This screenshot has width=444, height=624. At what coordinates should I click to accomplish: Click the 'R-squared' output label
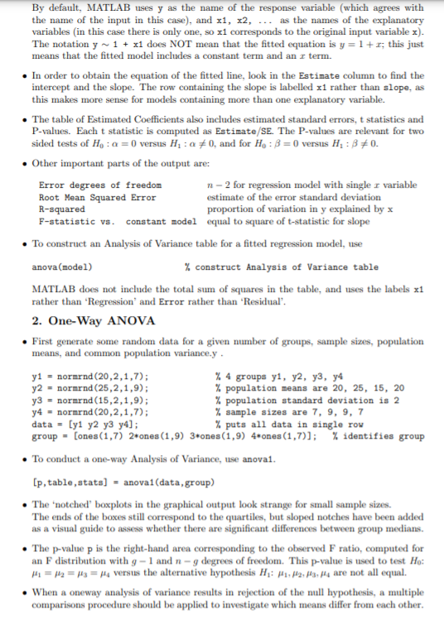coord(59,210)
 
